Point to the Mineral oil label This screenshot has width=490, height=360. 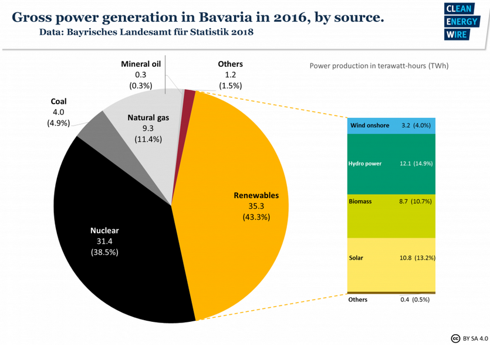(140, 64)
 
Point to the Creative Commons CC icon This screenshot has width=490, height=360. (455, 338)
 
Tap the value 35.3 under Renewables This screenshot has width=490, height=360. (256, 206)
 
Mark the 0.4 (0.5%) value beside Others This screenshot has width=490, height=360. (415, 300)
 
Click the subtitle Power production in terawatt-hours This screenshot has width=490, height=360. (379, 66)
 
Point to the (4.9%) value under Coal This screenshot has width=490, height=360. (59, 123)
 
